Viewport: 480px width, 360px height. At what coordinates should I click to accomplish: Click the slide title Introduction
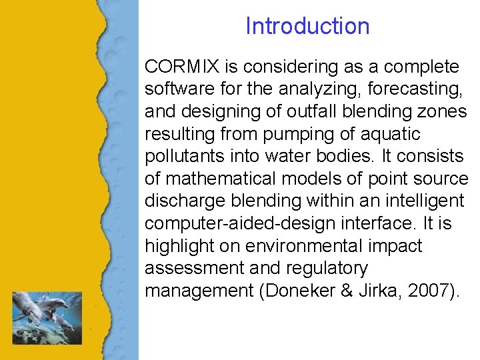tap(307, 26)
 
